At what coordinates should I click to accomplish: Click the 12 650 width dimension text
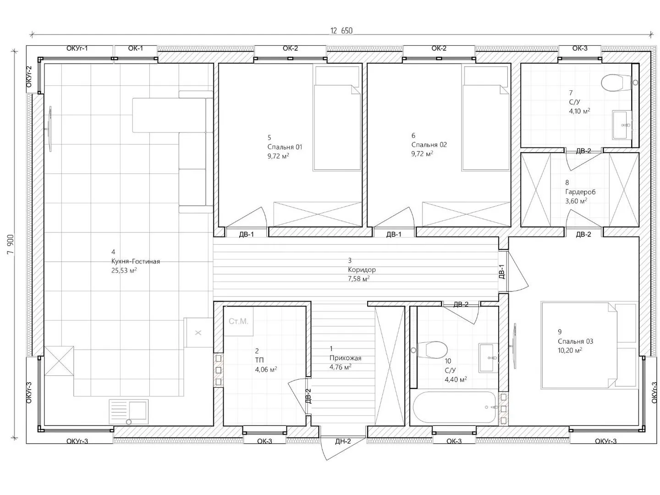341,31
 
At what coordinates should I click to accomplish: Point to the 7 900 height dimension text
11,244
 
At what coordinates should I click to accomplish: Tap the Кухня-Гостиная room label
136,261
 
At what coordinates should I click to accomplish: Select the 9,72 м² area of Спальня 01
278,156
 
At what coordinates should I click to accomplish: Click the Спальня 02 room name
429,144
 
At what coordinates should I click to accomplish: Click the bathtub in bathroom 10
455,407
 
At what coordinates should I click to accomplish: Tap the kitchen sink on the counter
128,412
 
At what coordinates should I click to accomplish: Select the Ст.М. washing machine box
238,321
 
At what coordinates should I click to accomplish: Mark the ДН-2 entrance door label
343,441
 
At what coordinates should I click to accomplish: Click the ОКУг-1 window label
77,49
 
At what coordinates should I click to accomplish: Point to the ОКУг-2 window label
29,77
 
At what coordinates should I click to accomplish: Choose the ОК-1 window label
136,49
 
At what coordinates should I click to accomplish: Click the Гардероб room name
580,192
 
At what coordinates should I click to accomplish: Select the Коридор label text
362,269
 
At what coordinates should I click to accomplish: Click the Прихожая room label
345,358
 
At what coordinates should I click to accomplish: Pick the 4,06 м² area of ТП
266,369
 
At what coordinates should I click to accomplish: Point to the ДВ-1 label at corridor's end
501,272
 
